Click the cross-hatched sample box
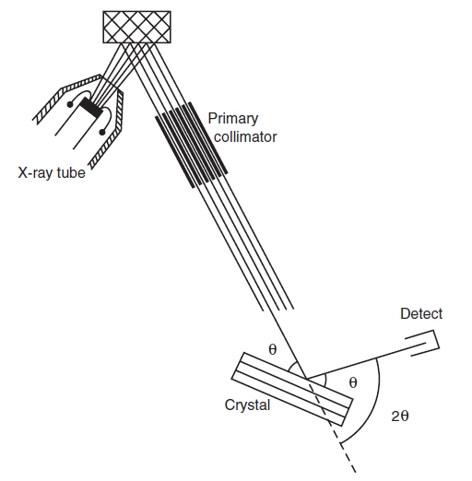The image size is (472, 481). (x=136, y=27)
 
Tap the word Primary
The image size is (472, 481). (x=233, y=119)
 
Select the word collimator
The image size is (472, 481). (x=245, y=136)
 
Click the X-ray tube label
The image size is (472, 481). (x=52, y=173)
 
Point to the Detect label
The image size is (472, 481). (x=421, y=314)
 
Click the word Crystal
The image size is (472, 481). (x=247, y=405)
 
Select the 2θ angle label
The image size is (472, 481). (x=400, y=416)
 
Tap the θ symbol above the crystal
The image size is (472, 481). (x=273, y=349)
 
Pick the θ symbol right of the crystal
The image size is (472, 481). (x=353, y=382)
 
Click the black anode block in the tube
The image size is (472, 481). (x=91, y=108)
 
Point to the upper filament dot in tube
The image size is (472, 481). (x=70, y=105)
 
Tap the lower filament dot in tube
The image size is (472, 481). (x=102, y=132)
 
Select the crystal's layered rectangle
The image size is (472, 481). (x=292, y=389)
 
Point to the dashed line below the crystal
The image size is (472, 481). (x=332, y=426)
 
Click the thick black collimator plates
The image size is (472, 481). (x=192, y=145)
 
